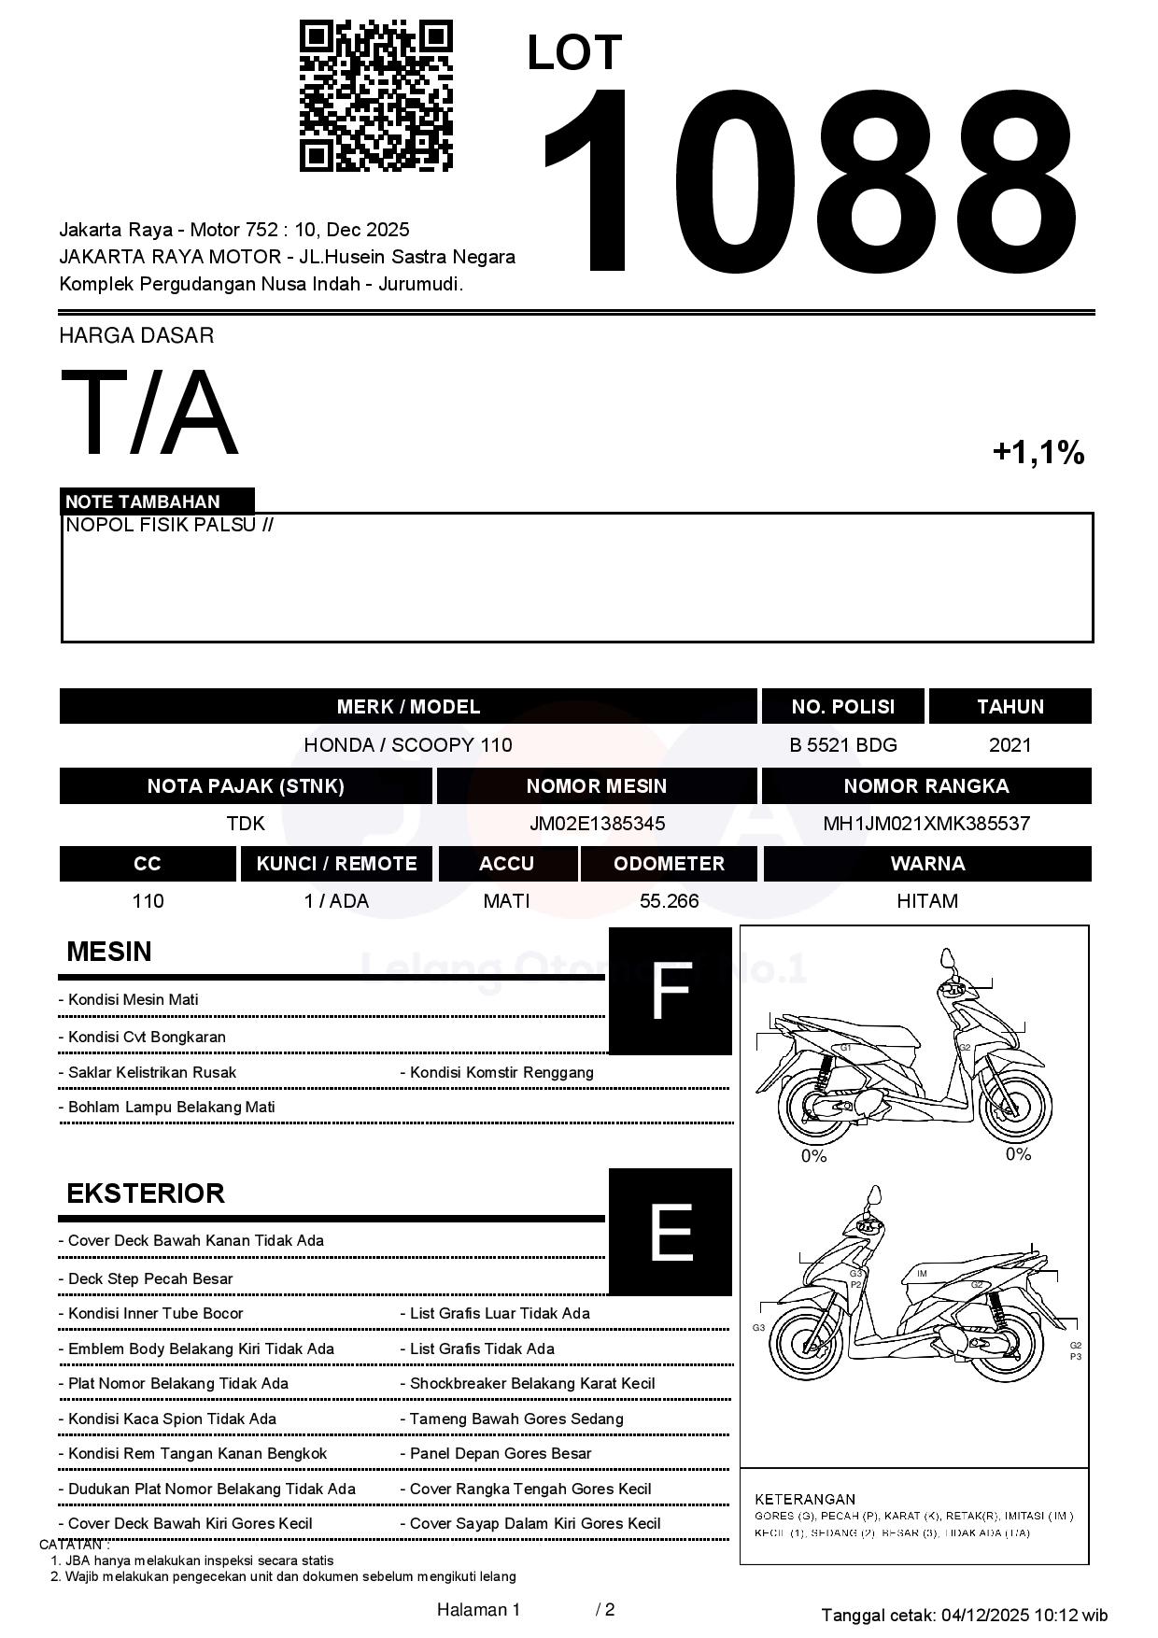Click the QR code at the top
click(x=375, y=96)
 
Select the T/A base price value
click(x=149, y=414)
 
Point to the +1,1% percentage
click(x=1038, y=453)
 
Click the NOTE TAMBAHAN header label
click(x=143, y=501)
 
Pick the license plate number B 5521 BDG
click(x=842, y=745)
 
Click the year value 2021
click(x=1010, y=745)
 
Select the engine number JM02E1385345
click(x=597, y=824)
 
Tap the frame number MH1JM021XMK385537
click(x=925, y=824)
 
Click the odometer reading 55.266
click(x=669, y=901)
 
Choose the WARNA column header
click(x=926, y=864)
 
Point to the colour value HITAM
click(x=926, y=901)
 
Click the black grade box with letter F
click(x=670, y=991)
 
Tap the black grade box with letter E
click(x=670, y=1232)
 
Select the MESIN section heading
click(x=109, y=952)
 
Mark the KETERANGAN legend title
click(x=804, y=1499)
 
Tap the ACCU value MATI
click(x=506, y=901)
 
